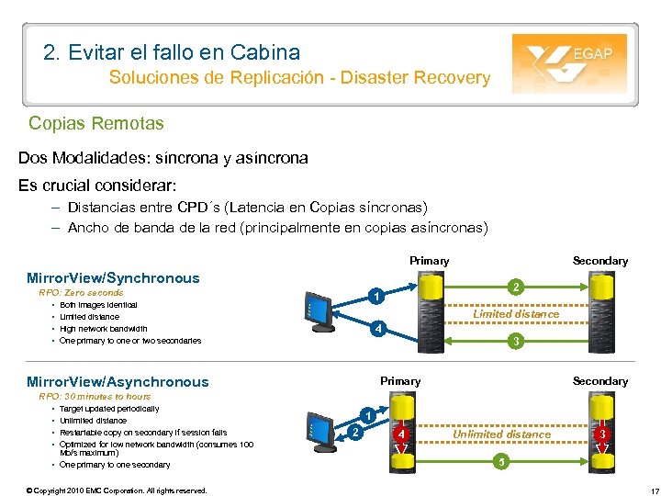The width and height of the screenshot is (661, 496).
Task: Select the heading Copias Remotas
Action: [96, 122]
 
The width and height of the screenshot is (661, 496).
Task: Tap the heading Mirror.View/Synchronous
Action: [113, 277]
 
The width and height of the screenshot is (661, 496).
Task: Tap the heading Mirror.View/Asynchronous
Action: [118, 381]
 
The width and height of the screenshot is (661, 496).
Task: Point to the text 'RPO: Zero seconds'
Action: [81, 292]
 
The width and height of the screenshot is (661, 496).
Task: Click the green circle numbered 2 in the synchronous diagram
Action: [518, 287]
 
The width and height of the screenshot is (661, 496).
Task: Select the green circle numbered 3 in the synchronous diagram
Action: [517, 342]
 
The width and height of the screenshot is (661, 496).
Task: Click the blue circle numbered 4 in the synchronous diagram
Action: [375, 329]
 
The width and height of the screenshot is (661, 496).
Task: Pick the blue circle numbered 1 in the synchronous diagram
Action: [375, 296]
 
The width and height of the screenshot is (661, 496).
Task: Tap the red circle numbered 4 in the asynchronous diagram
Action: [401, 433]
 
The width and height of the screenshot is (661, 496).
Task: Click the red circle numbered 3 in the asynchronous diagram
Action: [601, 433]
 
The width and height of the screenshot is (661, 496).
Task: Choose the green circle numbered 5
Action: [499, 461]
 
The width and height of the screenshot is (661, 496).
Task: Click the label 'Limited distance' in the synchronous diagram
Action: [516, 314]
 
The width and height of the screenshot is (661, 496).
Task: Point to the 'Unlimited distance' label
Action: [502, 434]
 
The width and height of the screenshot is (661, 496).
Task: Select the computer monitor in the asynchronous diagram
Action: [321, 429]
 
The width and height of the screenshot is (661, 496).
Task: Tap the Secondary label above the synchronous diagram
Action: [600, 261]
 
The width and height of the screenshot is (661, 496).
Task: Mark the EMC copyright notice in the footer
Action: [117, 490]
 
